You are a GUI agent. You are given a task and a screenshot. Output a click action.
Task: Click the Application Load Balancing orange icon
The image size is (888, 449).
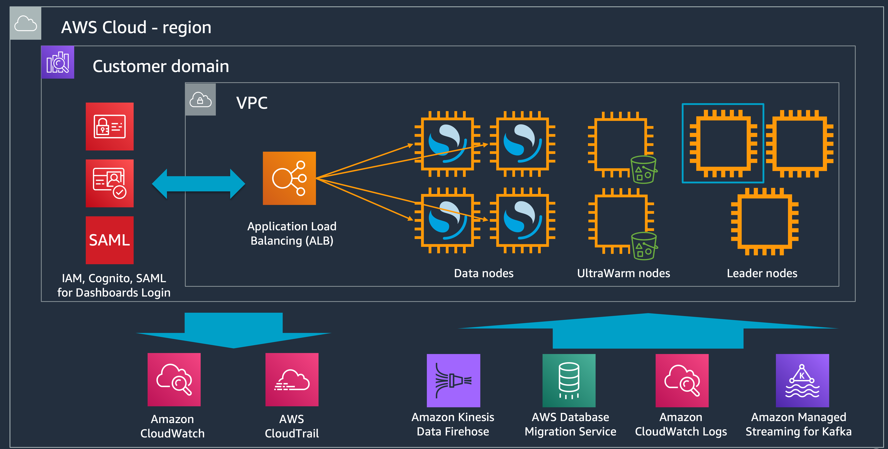[x=289, y=178]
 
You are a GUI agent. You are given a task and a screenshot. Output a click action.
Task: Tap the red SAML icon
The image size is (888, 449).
[x=110, y=240]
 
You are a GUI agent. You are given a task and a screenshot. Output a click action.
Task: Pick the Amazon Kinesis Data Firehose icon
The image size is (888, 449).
[x=453, y=380]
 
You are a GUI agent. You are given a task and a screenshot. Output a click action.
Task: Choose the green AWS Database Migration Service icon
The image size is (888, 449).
[x=569, y=380]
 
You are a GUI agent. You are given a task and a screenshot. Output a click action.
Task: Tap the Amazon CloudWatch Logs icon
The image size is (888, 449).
[x=682, y=380]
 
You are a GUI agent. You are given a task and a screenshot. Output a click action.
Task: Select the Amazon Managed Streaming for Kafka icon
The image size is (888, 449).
[x=802, y=380]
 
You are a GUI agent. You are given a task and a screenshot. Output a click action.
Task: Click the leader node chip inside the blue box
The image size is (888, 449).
[x=723, y=143]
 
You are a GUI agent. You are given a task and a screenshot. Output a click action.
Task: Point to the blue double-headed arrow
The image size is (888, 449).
[x=198, y=184]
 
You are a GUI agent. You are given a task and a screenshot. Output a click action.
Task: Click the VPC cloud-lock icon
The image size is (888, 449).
[x=200, y=100]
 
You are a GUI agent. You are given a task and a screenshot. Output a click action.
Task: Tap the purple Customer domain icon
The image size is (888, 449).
[x=58, y=62]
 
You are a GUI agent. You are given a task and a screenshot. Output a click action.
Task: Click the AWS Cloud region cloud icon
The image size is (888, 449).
[x=26, y=24]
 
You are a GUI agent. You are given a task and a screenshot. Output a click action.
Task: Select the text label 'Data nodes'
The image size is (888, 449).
[x=484, y=273]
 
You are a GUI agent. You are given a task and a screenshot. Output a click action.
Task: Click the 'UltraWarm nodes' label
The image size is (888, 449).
[x=623, y=273]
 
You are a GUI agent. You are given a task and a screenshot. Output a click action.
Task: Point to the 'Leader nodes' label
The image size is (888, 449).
[x=762, y=273]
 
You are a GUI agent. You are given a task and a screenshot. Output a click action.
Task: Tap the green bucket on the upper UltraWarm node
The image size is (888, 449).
[x=643, y=170]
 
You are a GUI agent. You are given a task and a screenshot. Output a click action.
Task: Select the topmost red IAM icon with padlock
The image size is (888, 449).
[x=110, y=126]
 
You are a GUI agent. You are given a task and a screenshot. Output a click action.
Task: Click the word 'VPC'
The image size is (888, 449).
[x=252, y=103]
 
